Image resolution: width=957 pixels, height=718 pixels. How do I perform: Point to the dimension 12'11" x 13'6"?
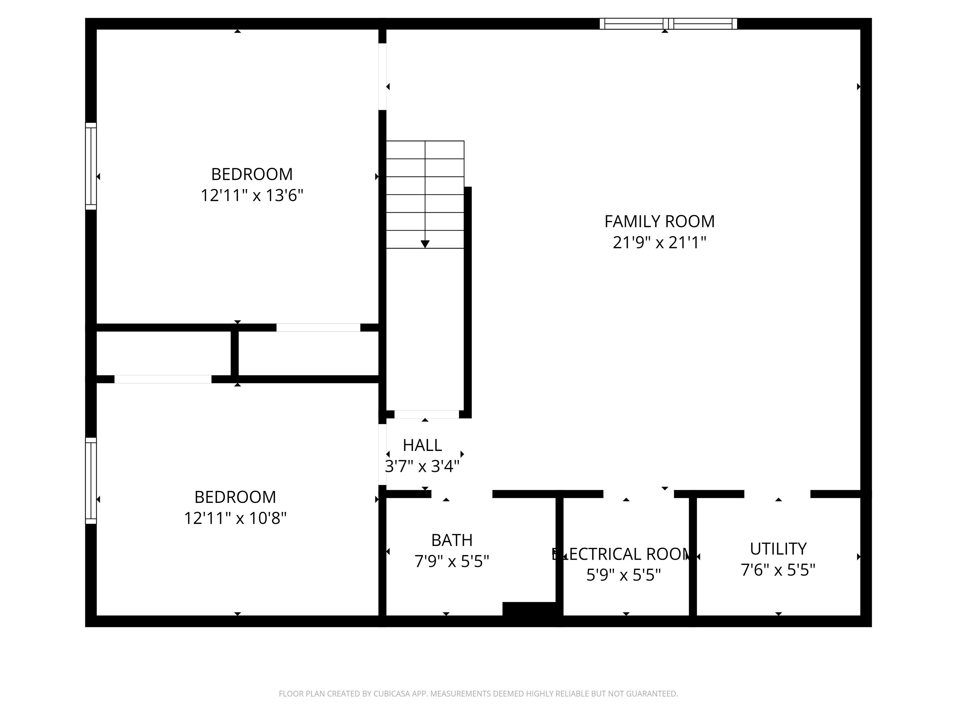[252, 196]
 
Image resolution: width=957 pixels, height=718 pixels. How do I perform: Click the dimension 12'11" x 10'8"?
[236, 518]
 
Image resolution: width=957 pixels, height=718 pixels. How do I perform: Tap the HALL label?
[422, 445]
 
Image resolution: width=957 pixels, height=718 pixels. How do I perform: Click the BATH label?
[452, 540]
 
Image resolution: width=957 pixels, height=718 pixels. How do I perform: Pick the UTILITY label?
[778, 549]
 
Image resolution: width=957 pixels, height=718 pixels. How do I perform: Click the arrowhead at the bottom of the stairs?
[425, 244]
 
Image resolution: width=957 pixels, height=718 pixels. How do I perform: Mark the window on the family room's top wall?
[668, 24]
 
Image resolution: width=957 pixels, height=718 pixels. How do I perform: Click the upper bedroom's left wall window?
[91, 166]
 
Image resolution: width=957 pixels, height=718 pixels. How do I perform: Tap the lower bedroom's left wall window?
[91, 481]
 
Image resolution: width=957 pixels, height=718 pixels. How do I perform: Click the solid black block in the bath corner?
[529, 609]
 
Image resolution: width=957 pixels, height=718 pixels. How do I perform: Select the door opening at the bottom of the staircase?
[426, 414]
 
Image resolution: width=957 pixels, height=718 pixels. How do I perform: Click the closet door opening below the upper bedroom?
[318, 328]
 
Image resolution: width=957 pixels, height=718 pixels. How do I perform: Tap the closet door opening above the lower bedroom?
[163, 380]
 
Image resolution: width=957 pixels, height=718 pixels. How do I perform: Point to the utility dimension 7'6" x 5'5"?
[778, 570]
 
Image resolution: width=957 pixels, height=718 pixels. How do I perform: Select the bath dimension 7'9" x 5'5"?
[452, 561]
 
